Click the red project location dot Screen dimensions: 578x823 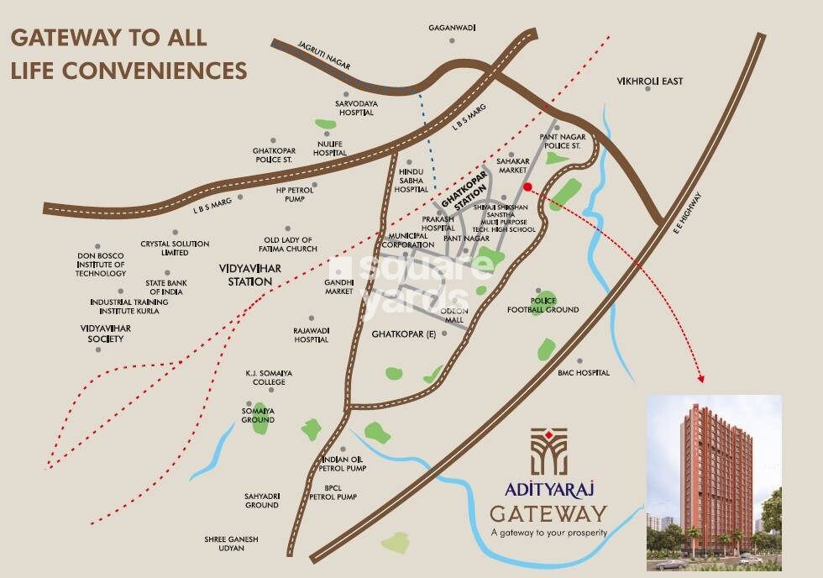527,187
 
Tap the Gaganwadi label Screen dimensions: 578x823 452,28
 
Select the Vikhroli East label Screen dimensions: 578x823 650,81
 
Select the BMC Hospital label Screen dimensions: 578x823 584,373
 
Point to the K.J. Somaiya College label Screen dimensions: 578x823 265,377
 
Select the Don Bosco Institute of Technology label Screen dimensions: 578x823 101,264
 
